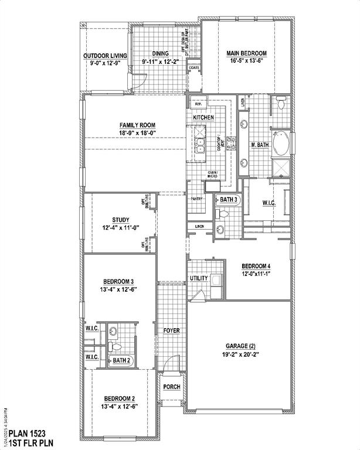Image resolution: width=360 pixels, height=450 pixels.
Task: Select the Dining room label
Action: (x=160, y=53)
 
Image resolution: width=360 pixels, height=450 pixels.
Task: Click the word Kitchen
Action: (x=203, y=118)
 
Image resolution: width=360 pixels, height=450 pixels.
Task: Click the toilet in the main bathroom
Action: (x=281, y=104)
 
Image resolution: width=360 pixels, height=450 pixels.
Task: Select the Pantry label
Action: (x=196, y=199)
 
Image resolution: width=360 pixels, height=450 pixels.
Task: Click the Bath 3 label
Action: (x=229, y=200)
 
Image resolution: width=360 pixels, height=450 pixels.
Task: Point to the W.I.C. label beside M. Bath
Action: (x=269, y=203)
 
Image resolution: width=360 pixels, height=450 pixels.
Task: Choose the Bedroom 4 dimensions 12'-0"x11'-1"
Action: (x=256, y=274)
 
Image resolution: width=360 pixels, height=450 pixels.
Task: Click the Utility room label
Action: (x=199, y=278)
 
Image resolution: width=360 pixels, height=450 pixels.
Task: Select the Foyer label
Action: (x=171, y=330)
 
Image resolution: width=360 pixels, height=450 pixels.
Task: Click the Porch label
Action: (x=171, y=386)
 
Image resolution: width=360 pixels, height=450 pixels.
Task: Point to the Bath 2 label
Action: (x=121, y=360)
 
